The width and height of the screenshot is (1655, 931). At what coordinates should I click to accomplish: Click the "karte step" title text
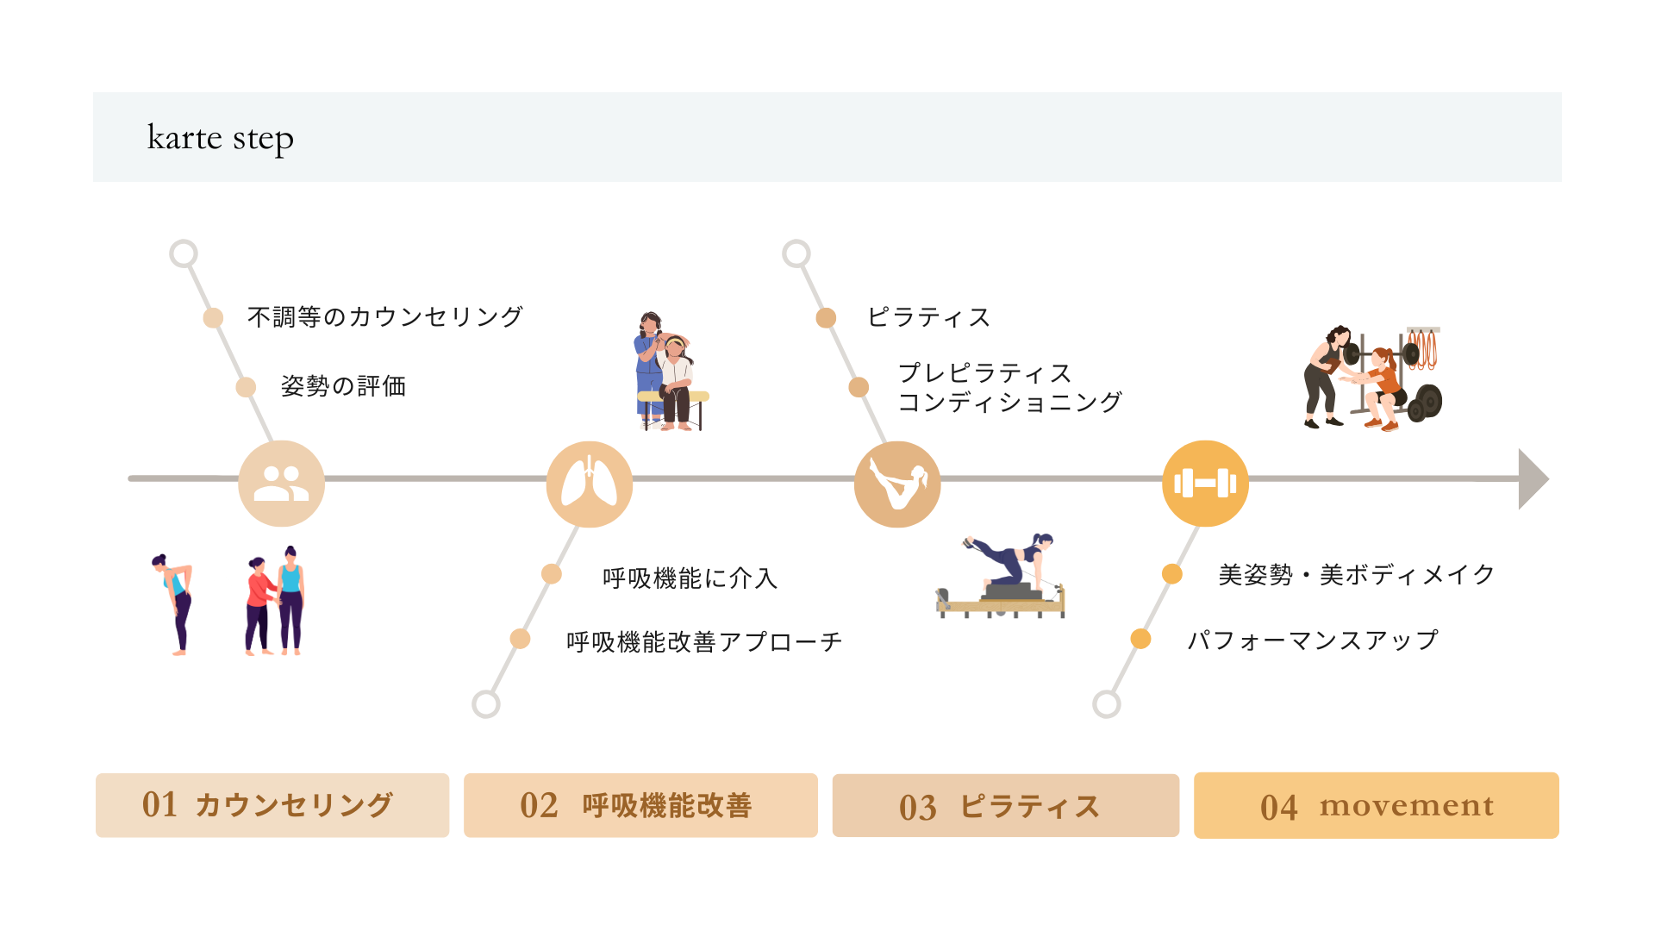point(221,138)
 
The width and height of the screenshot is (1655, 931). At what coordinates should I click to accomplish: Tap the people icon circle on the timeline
point(281,483)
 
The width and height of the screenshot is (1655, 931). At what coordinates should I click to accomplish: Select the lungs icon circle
point(590,484)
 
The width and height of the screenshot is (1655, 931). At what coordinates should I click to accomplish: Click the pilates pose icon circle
point(897,484)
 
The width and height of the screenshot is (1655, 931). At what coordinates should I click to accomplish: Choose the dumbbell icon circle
point(1205,483)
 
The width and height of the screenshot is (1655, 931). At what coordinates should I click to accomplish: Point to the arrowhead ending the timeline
point(1532,478)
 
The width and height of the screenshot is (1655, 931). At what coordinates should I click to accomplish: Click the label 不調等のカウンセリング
point(384,317)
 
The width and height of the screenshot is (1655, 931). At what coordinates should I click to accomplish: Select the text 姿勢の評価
point(343,386)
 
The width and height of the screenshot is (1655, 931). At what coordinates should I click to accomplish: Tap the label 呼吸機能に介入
point(690,578)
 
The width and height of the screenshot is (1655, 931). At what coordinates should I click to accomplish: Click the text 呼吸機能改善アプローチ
point(703,642)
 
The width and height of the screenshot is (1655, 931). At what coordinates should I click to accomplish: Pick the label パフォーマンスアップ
point(1312,640)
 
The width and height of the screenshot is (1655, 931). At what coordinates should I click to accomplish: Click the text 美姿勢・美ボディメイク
point(1356,575)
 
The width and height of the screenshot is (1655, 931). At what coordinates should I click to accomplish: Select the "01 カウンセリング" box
point(272,805)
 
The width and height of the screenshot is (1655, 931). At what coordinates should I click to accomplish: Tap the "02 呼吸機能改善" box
point(640,805)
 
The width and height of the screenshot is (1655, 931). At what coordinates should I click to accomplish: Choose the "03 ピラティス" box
point(1005,806)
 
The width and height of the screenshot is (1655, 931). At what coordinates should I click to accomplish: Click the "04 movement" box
point(1376,805)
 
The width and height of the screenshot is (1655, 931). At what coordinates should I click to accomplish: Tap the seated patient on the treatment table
point(678,379)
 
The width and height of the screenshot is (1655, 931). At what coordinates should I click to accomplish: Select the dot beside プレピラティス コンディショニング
point(859,387)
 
